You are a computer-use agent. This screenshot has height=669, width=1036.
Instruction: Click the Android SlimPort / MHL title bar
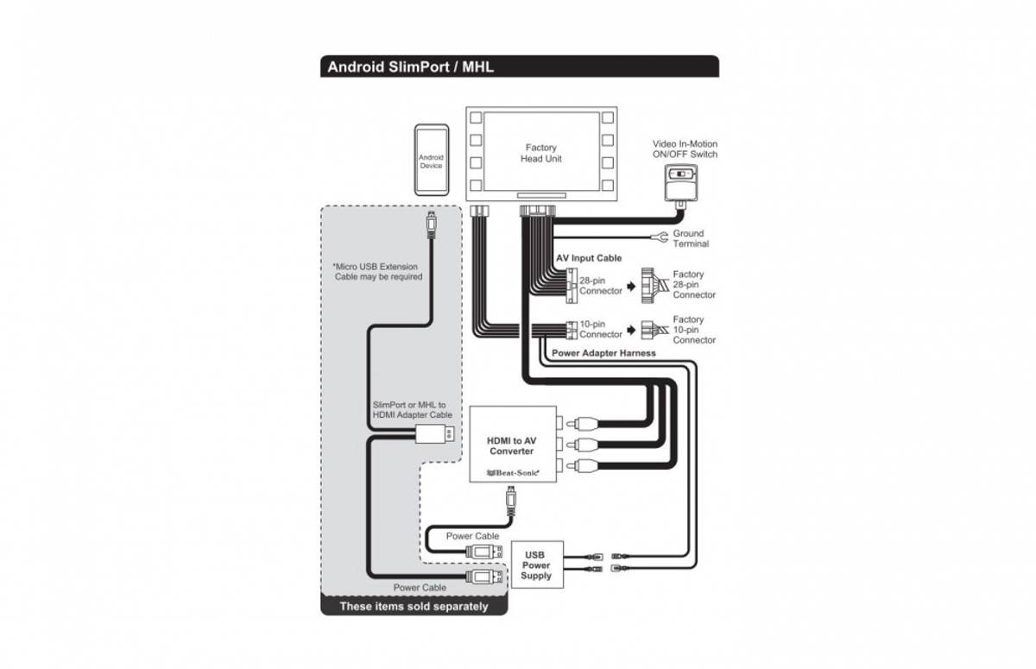click(x=519, y=66)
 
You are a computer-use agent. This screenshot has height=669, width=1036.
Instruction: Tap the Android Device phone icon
click(x=431, y=161)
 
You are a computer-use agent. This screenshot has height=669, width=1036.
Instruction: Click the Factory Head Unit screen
click(x=540, y=153)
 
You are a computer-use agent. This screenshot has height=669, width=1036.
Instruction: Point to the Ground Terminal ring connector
click(x=660, y=236)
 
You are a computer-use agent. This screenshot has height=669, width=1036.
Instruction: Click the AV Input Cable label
click(x=588, y=258)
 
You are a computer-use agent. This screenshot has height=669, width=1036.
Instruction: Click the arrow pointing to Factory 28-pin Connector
click(x=631, y=286)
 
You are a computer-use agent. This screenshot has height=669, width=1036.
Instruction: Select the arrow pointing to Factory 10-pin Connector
click(x=631, y=330)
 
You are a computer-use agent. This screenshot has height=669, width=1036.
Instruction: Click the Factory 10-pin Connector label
click(x=694, y=330)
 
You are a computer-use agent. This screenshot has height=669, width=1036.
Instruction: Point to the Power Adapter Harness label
click(x=603, y=353)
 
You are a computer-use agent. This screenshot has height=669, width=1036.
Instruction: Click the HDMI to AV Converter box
click(x=512, y=445)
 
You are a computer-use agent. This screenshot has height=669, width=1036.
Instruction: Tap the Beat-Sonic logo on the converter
click(x=512, y=472)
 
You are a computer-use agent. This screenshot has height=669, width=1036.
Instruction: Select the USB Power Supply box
click(x=536, y=565)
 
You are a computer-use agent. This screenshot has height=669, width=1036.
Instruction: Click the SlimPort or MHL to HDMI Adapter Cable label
click(x=412, y=410)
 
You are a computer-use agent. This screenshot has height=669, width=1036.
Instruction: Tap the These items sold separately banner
click(x=414, y=606)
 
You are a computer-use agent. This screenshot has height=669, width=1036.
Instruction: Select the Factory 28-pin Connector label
click(x=694, y=285)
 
